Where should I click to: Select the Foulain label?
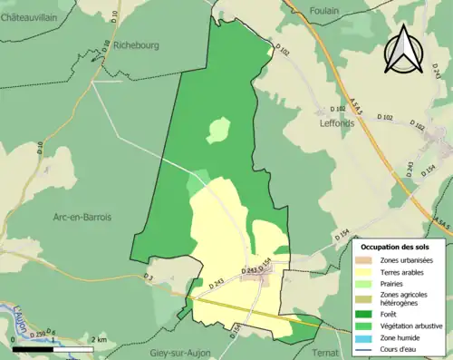pos(323,10)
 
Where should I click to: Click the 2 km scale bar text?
pos(100,340)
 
